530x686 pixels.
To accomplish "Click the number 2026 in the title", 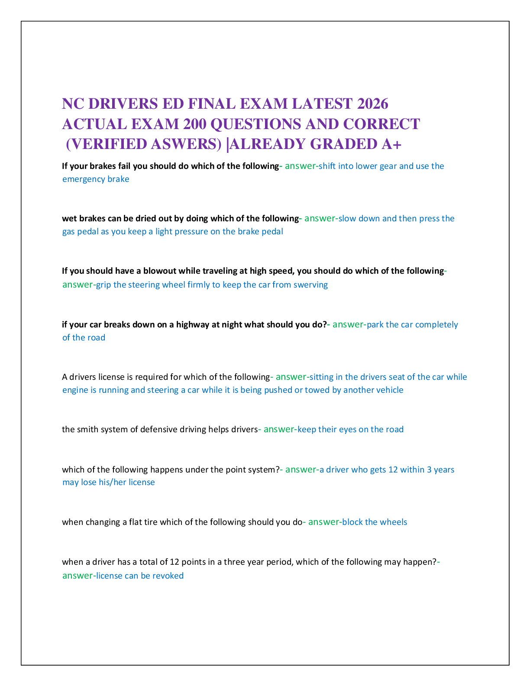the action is pyautogui.click(x=372, y=104).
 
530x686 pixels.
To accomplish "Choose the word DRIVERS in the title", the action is pyautogui.click(x=123, y=104).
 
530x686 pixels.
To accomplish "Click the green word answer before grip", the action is pyautogui.click(x=78, y=285).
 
